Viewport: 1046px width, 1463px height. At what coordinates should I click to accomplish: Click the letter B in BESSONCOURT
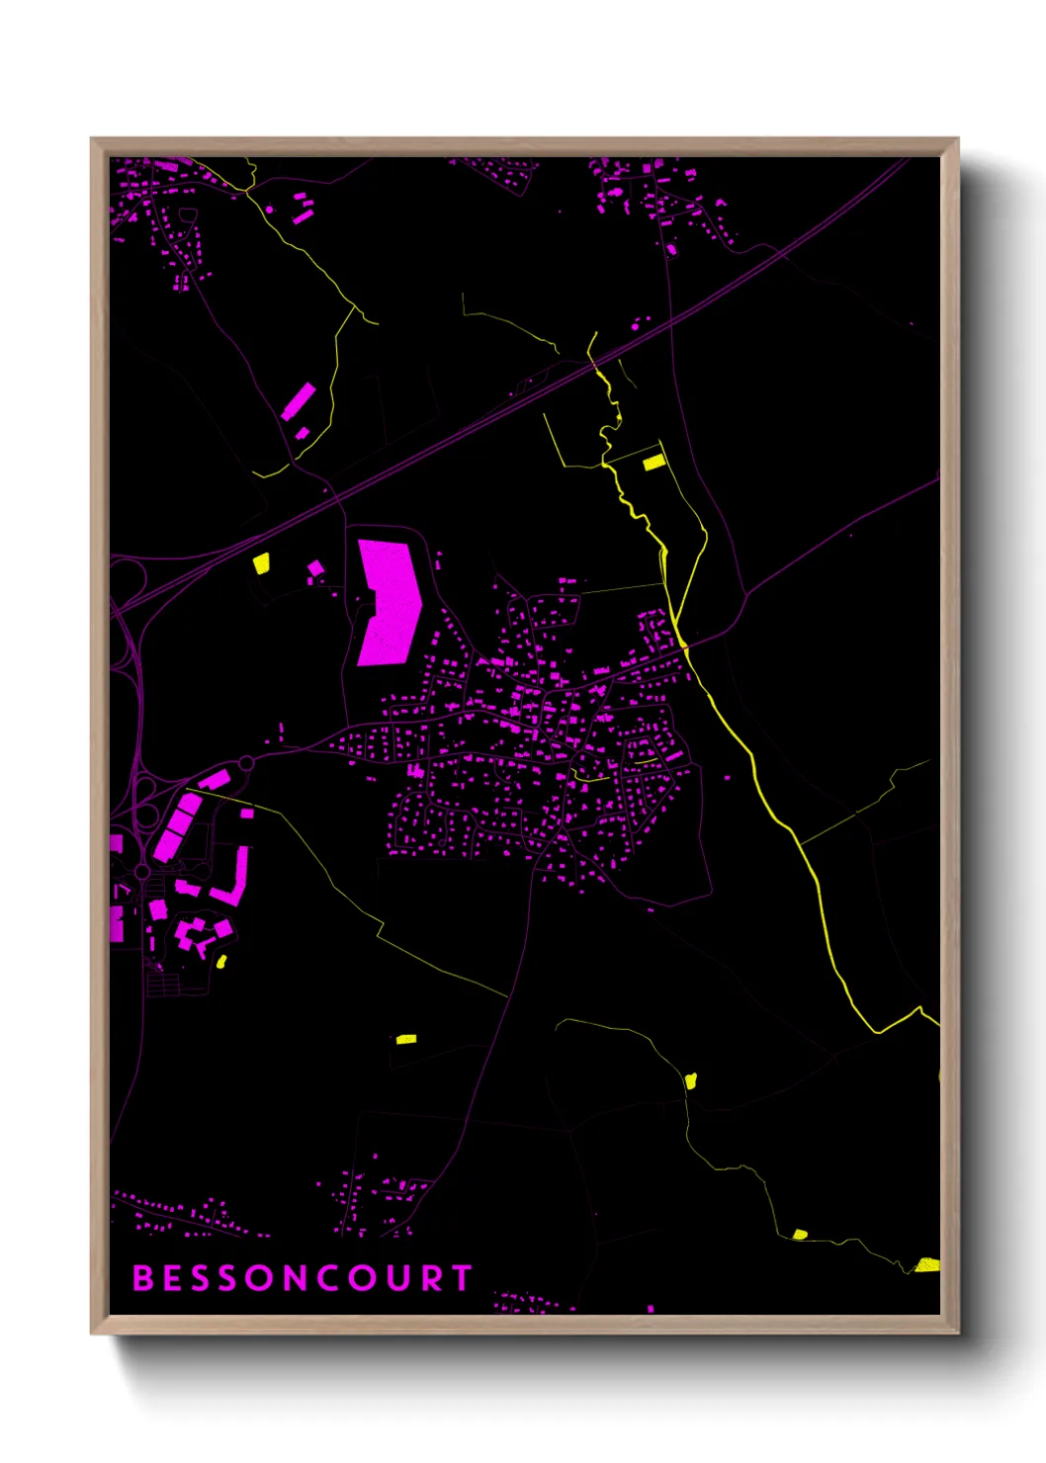click(x=142, y=1278)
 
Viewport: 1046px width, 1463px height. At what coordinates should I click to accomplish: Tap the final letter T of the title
click(x=462, y=1278)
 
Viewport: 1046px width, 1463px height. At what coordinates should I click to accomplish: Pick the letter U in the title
click(x=397, y=1278)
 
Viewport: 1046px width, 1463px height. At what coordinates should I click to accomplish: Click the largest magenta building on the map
click(x=389, y=602)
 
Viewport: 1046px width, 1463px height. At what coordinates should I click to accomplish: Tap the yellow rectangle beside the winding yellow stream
click(x=654, y=462)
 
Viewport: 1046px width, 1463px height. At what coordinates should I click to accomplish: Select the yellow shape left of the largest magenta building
click(x=261, y=563)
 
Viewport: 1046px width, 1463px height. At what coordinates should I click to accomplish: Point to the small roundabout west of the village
click(x=246, y=762)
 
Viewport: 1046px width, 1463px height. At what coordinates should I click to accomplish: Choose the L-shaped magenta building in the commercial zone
click(x=235, y=880)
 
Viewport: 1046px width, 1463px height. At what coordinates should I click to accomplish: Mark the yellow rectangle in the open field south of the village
click(x=405, y=1039)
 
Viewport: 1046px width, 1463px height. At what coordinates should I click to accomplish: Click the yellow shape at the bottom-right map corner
click(x=926, y=1264)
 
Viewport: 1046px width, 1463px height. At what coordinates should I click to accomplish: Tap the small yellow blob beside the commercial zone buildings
click(x=221, y=961)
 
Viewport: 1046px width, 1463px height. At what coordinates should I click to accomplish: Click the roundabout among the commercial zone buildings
click(x=142, y=872)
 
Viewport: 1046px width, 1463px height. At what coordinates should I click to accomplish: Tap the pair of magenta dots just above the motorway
click(x=641, y=322)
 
